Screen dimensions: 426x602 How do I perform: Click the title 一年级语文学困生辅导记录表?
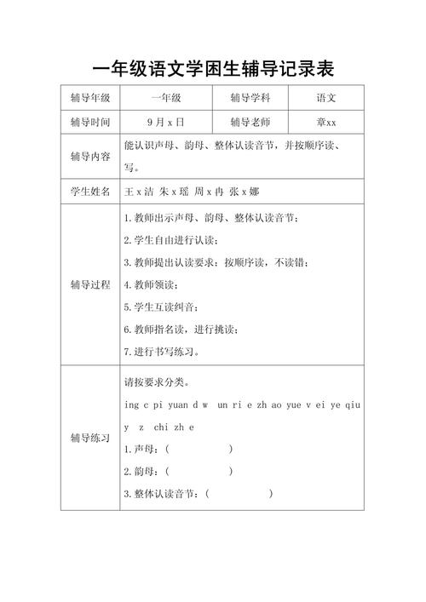[x=213, y=68]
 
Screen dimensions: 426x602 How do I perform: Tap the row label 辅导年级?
[x=90, y=99]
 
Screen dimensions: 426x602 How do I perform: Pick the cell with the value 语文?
[x=327, y=99]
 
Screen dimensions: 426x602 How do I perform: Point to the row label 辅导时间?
[x=90, y=122]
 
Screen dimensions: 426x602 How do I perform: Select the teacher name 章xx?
[x=327, y=122]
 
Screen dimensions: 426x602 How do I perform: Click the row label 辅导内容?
[x=90, y=157]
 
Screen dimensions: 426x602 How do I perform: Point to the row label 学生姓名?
[x=90, y=192]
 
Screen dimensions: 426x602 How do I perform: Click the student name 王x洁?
[x=140, y=192]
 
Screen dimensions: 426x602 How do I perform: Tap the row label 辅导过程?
[x=90, y=284]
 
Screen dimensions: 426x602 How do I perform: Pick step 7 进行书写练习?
[x=164, y=351]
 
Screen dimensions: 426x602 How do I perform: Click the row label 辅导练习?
[x=90, y=438]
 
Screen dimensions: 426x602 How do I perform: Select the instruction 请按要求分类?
[x=158, y=381]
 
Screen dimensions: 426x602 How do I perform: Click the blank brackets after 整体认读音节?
[x=239, y=493]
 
